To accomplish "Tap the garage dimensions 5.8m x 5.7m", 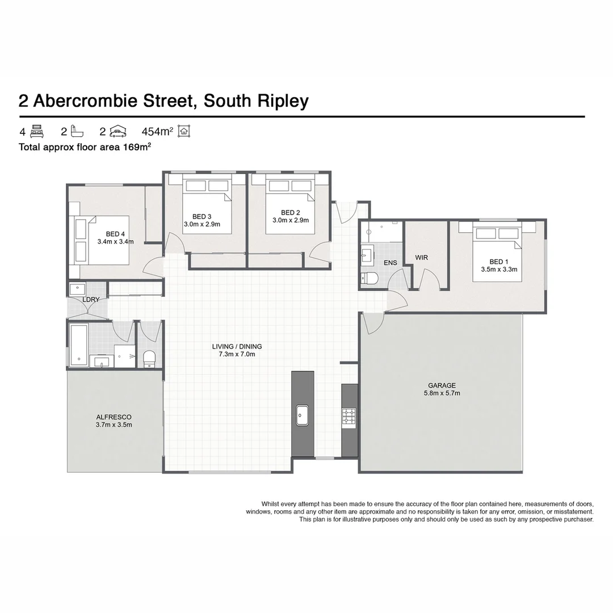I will [442, 393].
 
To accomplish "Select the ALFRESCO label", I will [114, 417].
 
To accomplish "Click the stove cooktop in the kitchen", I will [349, 417].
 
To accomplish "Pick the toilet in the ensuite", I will [371, 278].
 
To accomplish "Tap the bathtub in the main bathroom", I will [78, 345].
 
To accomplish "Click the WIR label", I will [421, 258].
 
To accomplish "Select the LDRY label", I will [91, 299].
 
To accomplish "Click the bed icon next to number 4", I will [37, 132].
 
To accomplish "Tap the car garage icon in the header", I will [117, 132].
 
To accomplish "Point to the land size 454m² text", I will [157, 132].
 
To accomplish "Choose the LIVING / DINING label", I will [237, 346].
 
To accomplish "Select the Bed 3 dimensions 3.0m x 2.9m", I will [201, 224].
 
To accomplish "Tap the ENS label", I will [391, 263].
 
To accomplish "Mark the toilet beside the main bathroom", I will [149, 358].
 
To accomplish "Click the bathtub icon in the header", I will [78, 132].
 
